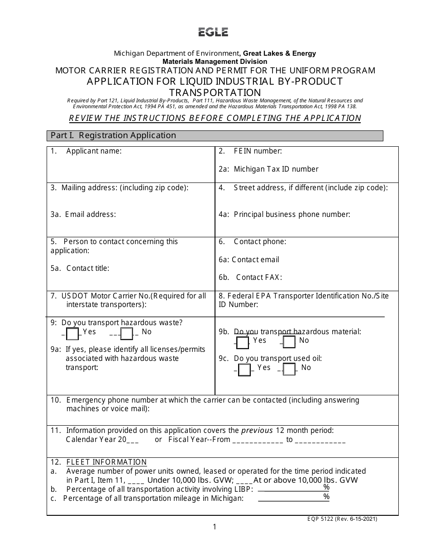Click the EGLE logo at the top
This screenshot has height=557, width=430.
point(213,32)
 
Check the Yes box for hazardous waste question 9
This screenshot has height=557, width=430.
point(72,334)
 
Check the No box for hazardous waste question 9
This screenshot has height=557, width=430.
point(127,334)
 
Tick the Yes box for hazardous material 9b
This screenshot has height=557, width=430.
point(243,342)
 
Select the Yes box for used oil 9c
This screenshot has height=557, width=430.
point(244,370)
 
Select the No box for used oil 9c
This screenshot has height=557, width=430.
point(289,370)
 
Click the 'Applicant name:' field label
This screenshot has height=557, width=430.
point(94,151)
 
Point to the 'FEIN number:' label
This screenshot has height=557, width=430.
point(258,151)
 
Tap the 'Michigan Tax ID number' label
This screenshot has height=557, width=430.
point(276,169)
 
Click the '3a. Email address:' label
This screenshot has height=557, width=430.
point(83,214)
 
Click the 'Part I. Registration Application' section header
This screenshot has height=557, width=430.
point(113,135)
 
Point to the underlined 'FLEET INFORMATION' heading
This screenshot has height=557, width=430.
point(106,462)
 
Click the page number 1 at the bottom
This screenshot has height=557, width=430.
point(215,527)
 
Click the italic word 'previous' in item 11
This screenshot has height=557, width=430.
point(257,430)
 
